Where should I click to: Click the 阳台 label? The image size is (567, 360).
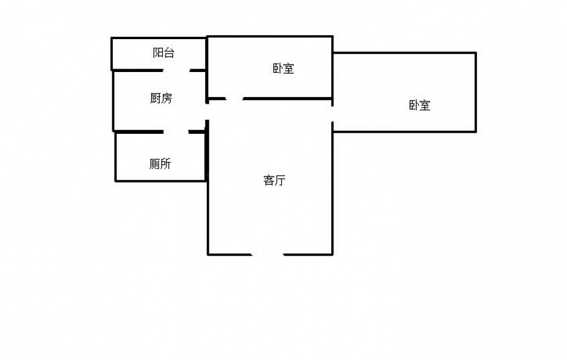point(163,53)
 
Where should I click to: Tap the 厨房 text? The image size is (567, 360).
point(161,98)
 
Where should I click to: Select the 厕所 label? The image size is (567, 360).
point(160,164)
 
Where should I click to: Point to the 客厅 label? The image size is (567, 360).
point(274,180)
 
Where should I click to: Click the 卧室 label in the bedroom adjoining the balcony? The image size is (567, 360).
point(283,68)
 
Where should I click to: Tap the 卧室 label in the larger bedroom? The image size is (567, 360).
point(420,105)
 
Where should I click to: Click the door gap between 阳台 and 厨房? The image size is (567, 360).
point(176,70)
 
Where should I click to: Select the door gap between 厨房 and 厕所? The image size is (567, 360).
point(176,132)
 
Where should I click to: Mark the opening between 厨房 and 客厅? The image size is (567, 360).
point(208,112)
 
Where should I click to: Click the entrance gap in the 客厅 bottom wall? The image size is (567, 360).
point(268,255)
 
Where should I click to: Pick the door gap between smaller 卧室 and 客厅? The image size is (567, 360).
point(235,98)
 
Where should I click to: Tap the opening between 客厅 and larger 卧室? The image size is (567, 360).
point(332,114)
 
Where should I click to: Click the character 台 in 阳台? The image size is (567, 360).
point(169,53)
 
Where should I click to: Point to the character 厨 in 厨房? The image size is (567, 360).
point(155,98)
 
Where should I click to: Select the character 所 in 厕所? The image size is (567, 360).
point(166,164)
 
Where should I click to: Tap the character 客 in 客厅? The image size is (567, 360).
point(269,180)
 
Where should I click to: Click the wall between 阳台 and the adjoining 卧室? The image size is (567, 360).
point(206,53)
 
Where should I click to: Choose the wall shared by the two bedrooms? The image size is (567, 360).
point(332,75)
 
